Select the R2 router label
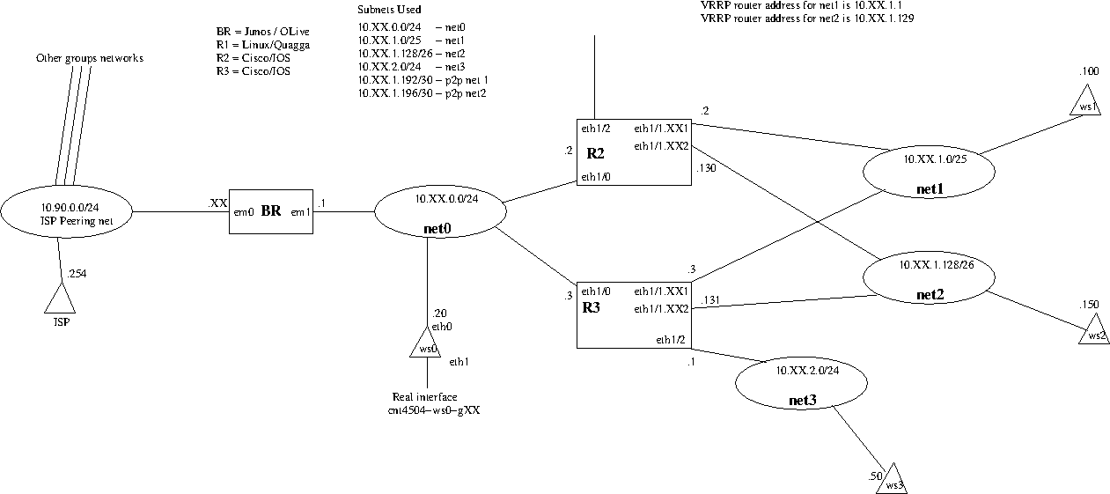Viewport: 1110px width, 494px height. point(595,153)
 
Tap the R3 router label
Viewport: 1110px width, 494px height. point(592,307)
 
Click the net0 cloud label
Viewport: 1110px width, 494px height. point(437,228)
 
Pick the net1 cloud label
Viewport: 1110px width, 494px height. point(930,188)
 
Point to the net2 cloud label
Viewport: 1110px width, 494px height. point(930,295)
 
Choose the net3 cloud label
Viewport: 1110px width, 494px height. point(802,401)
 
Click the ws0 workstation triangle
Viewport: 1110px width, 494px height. point(426,343)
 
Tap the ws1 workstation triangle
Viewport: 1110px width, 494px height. point(1085,100)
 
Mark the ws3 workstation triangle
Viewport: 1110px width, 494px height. point(892,479)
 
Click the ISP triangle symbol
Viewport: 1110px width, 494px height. point(60,299)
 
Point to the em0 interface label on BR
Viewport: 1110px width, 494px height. point(244,212)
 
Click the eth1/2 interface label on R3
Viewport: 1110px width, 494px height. point(671,340)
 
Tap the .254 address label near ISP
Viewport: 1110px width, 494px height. point(77,274)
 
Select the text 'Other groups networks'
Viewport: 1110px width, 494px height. point(90,58)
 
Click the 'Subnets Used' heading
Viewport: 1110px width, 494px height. point(389,10)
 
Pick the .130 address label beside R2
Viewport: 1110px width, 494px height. point(706,168)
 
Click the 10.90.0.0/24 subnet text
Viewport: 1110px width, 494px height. point(70,208)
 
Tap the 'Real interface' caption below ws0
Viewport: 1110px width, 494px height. point(424,397)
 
